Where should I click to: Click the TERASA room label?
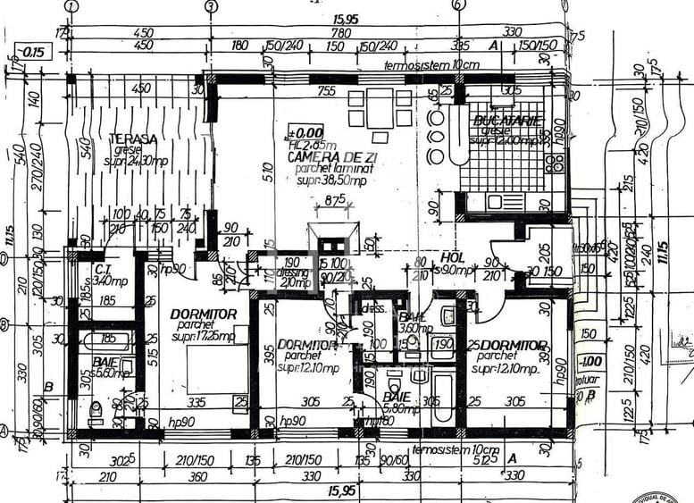(x=134, y=139)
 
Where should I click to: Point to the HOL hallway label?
(x=453, y=257)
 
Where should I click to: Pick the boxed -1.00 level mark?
(x=589, y=362)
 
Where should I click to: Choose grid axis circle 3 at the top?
(x=211, y=6)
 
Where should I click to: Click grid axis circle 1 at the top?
(x=71, y=6)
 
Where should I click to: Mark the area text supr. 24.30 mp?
(x=136, y=162)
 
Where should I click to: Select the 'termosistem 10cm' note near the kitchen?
(x=431, y=66)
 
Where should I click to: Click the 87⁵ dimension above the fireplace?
(x=335, y=199)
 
